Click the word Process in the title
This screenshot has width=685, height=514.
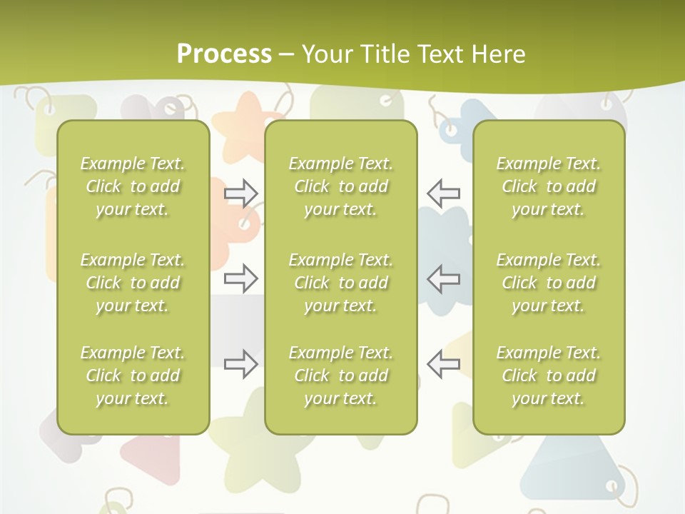coord(224,54)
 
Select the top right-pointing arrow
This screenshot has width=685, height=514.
coord(241,192)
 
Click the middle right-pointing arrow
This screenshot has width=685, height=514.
coord(241,278)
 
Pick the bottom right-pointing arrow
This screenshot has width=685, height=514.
coord(241,363)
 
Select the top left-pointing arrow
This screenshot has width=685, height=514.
coord(443,192)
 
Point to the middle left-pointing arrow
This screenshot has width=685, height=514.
coord(443,278)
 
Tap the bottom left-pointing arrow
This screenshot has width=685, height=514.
coord(443,363)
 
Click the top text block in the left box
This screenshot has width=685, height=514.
coord(133,186)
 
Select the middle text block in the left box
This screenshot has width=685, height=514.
coord(133,283)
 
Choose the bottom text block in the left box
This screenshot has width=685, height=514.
coord(133,376)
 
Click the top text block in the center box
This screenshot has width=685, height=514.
coord(341,186)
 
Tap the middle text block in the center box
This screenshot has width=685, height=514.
coord(341,283)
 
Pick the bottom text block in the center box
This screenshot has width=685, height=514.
coord(341,376)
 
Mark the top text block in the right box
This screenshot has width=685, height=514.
coord(549,186)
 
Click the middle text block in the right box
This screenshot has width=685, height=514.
coord(549,283)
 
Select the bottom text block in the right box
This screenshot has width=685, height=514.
coord(549,376)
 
